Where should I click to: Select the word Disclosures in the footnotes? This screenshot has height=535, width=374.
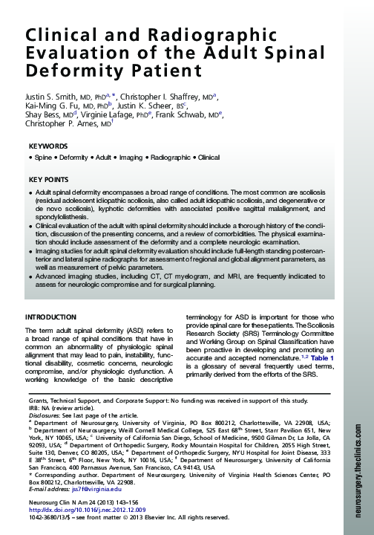pos(45,415)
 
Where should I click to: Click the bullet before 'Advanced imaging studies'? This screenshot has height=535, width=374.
pos(29,276)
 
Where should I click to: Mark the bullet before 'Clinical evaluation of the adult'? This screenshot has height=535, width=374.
pos(29,224)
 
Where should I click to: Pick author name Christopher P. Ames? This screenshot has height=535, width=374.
pos(64,124)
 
